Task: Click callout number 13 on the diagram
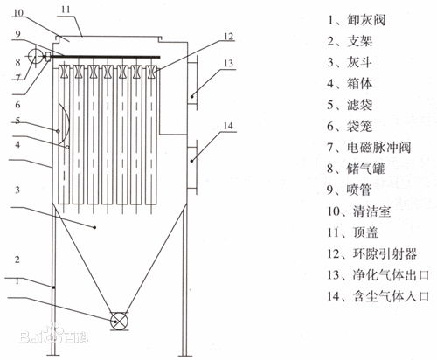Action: [x=228, y=63]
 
